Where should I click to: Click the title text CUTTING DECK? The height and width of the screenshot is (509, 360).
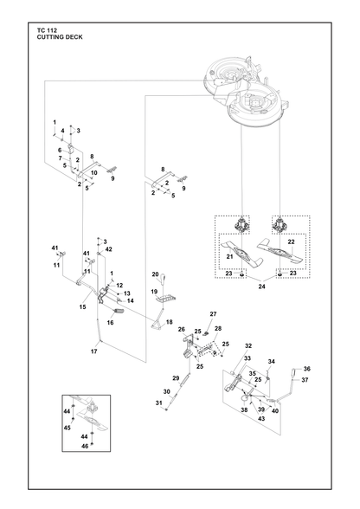point(60,37)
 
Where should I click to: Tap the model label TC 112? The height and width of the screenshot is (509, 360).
point(47,30)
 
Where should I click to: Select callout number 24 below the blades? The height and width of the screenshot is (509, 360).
point(261,287)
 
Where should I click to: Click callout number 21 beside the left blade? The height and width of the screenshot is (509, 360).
point(229,257)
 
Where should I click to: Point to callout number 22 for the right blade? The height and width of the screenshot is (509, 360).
point(291,242)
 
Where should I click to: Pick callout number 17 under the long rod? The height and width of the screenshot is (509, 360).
point(93,351)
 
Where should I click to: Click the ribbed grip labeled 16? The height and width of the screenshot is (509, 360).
point(119,312)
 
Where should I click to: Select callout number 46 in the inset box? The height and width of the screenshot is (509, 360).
point(85,447)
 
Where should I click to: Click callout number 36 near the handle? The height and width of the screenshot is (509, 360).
point(306,369)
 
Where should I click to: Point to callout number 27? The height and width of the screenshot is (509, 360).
point(213,314)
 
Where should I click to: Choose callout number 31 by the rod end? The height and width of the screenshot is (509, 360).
point(158,403)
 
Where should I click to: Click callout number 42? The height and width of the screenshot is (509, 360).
point(109,249)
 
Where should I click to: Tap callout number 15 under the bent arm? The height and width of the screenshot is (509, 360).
point(83,306)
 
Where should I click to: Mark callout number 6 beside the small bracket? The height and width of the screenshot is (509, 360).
point(60,151)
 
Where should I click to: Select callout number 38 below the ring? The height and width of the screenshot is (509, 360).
point(244,410)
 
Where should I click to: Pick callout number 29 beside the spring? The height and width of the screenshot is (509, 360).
point(176,378)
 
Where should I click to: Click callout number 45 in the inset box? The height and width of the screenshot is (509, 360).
point(67,428)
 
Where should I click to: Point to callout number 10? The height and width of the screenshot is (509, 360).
point(93,173)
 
